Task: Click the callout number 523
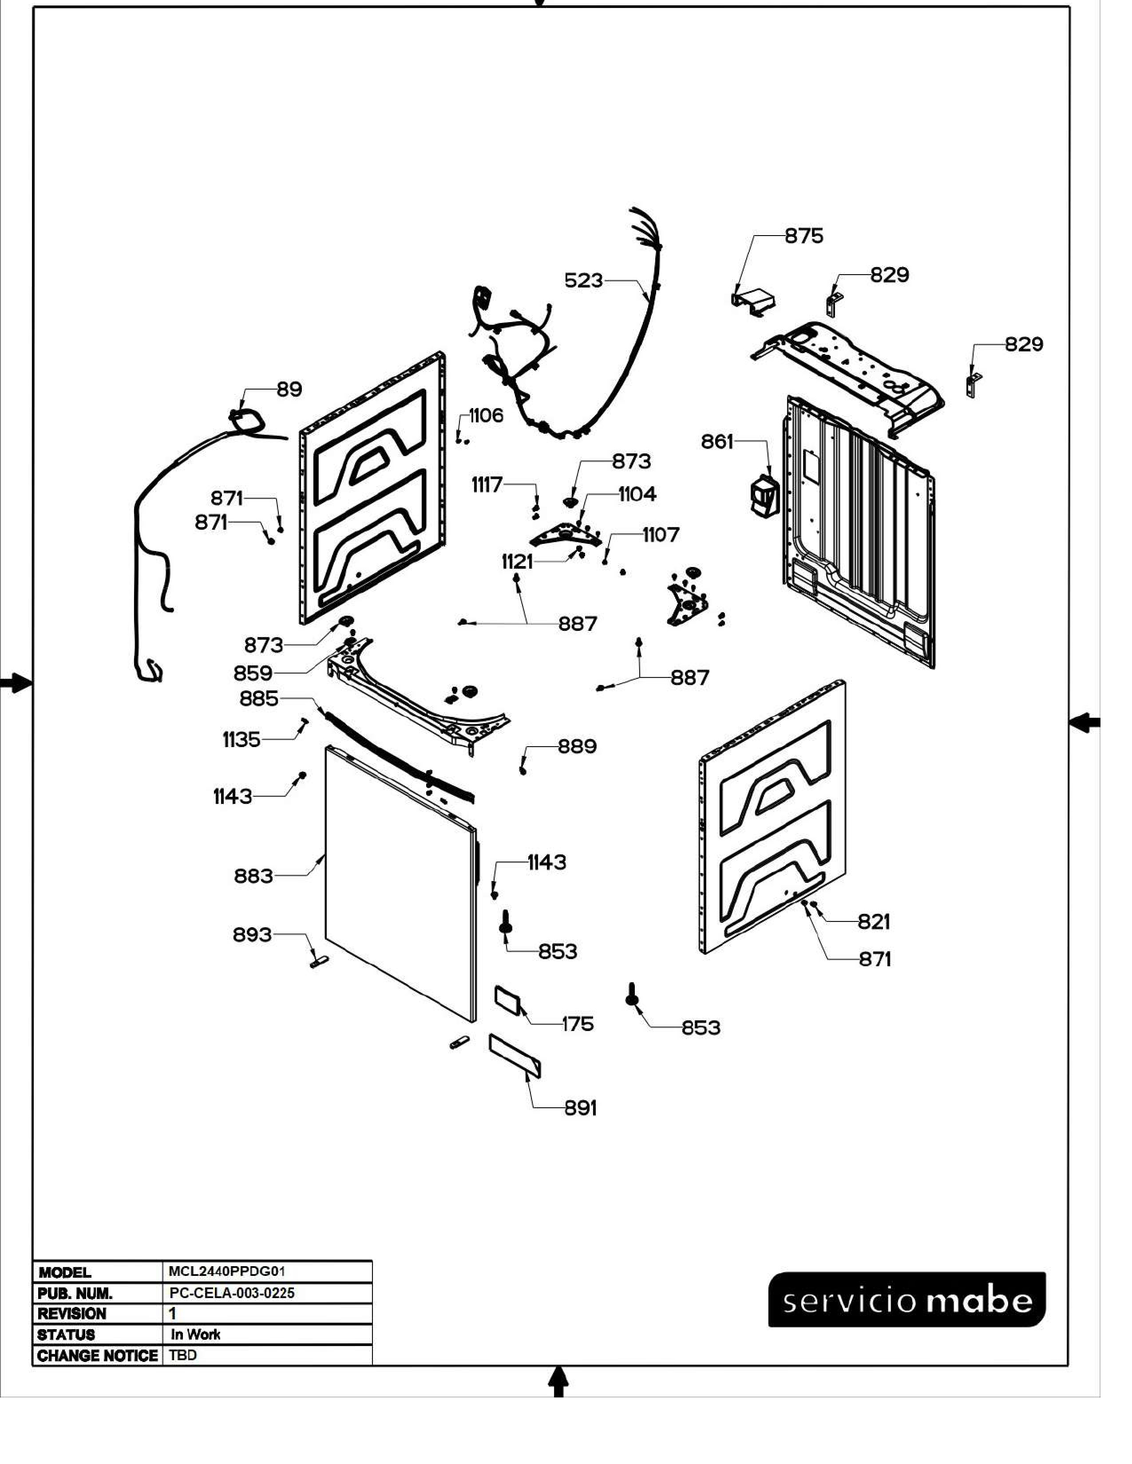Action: coord(583,280)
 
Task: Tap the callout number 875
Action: coord(803,236)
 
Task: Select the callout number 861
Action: coord(717,442)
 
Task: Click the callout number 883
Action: coord(253,876)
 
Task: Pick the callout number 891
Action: coord(580,1108)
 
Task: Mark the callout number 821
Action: coord(873,922)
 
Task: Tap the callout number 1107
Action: coord(661,535)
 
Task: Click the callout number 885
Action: coord(259,699)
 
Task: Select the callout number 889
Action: coord(577,747)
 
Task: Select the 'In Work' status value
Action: coord(195,1334)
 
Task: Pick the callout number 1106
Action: coord(486,416)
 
